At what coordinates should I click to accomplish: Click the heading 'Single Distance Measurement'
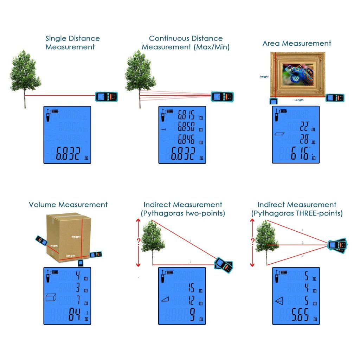tap(72, 43)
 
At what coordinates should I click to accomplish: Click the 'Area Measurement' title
tap(297, 43)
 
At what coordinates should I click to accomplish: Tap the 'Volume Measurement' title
tap(68, 205)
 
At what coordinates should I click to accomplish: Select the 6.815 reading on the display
tap(186, 116)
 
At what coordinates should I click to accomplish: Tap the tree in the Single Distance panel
tap(25, 74)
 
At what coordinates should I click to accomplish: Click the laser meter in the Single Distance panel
tap(107, 96)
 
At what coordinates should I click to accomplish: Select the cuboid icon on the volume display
tap(51, 298)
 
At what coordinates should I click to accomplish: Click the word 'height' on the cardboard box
tap(76, 237)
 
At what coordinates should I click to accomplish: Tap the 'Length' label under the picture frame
tap(299, 100)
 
